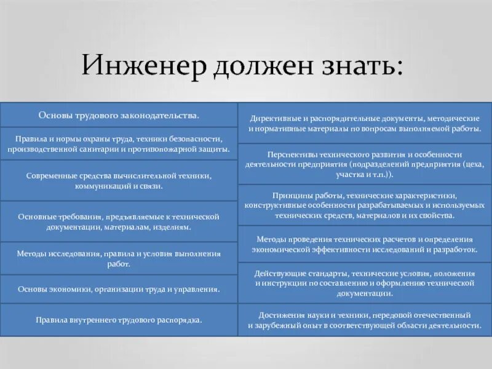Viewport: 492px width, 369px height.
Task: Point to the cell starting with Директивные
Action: pyautogui.click(x=365, y=122)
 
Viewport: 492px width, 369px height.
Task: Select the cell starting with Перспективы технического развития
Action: pyautogui.click(x=365, y=164)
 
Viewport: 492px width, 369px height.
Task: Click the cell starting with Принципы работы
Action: pyautogui.click(x=365, y=205)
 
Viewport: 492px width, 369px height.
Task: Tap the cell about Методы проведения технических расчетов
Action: pyautogui.click(x=365, y=244)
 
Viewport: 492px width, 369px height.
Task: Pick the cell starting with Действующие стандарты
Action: pyautogui.click(x=365, y=282)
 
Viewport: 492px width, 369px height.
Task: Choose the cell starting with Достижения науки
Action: pyautogui.click(x=365, y=319)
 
